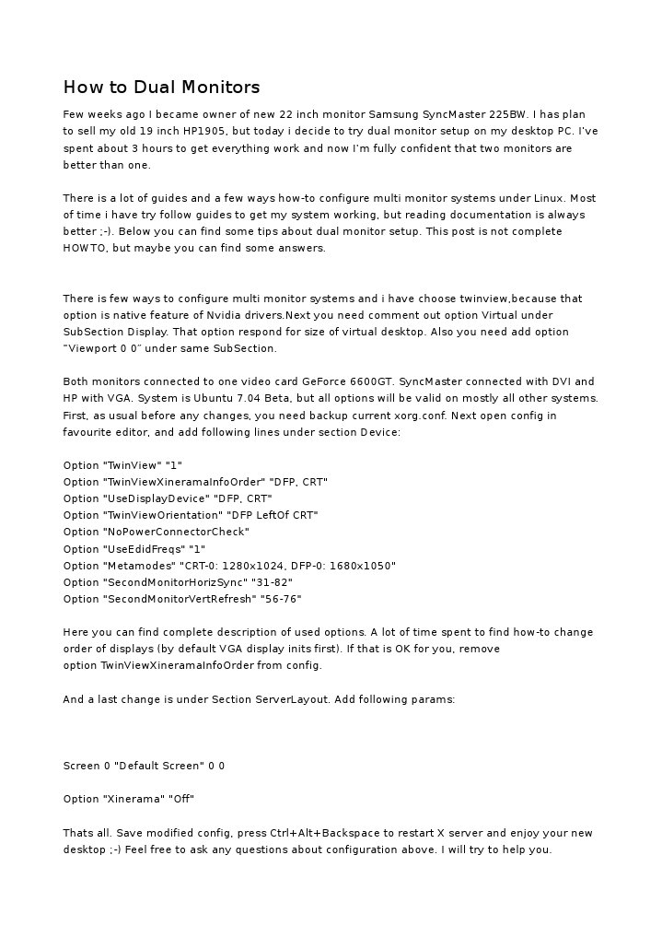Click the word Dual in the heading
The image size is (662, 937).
(156, 88)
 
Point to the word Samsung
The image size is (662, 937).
(394, 114)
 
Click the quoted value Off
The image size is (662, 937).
(181, 799)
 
